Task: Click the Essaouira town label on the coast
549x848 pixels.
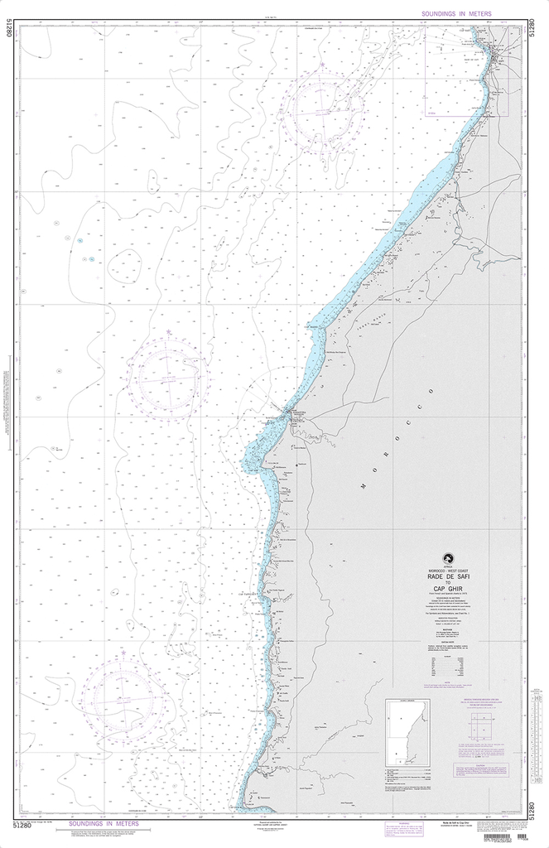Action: (x=296, y=412)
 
